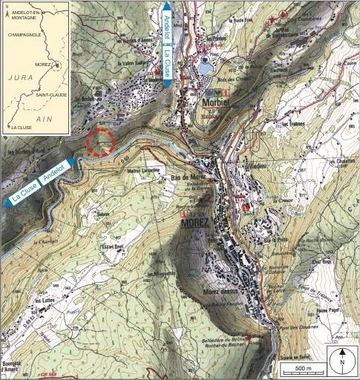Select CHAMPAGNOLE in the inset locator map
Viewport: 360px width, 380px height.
pyautogui.click(x=25, y=34)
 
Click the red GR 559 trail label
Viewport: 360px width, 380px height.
pyautogui.click(x=50, y=373)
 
